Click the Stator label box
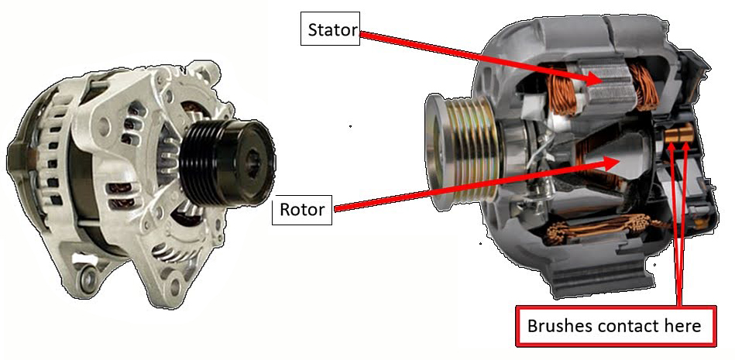pos(330,29)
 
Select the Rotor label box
pos(302,210)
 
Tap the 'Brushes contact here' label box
pos(616,326)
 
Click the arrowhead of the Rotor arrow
pos(611,163)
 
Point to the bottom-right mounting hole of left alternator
pos(175,284)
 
